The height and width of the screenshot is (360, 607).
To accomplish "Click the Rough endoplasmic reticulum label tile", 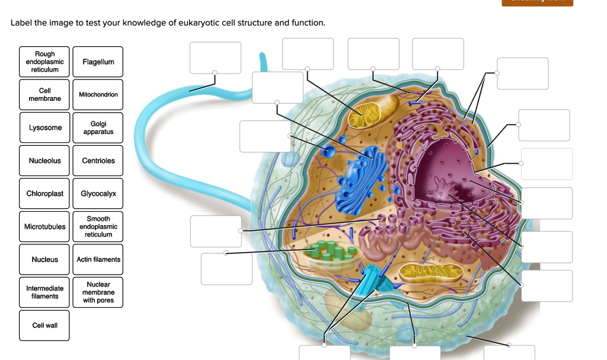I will point(44,62).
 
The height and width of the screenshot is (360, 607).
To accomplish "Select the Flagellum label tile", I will point(98,62).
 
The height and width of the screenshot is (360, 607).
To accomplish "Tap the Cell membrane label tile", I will point(44,94).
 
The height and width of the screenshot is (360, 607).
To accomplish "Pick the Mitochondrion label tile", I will point(98,94).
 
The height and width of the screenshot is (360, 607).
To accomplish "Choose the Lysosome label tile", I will point(44,128).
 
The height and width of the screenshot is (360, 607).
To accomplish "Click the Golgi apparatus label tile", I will point(98,128).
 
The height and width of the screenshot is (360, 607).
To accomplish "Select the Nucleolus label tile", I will point(44,161).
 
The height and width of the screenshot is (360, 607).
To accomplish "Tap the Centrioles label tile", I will point(98,161).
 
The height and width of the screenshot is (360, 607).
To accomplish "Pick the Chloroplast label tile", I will point(44,193).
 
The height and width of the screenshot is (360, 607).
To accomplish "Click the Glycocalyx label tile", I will point(98,193).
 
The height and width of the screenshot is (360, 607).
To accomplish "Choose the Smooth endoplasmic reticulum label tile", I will point(98,227).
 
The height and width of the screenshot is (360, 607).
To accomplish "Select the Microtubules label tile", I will point(44,227).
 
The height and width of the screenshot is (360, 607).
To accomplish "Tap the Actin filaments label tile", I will point(98,259).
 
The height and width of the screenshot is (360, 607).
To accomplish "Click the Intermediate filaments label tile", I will point(44,292).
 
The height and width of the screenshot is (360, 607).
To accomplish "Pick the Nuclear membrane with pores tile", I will point(98,292).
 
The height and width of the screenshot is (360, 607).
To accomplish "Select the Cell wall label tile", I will point(44,325).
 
